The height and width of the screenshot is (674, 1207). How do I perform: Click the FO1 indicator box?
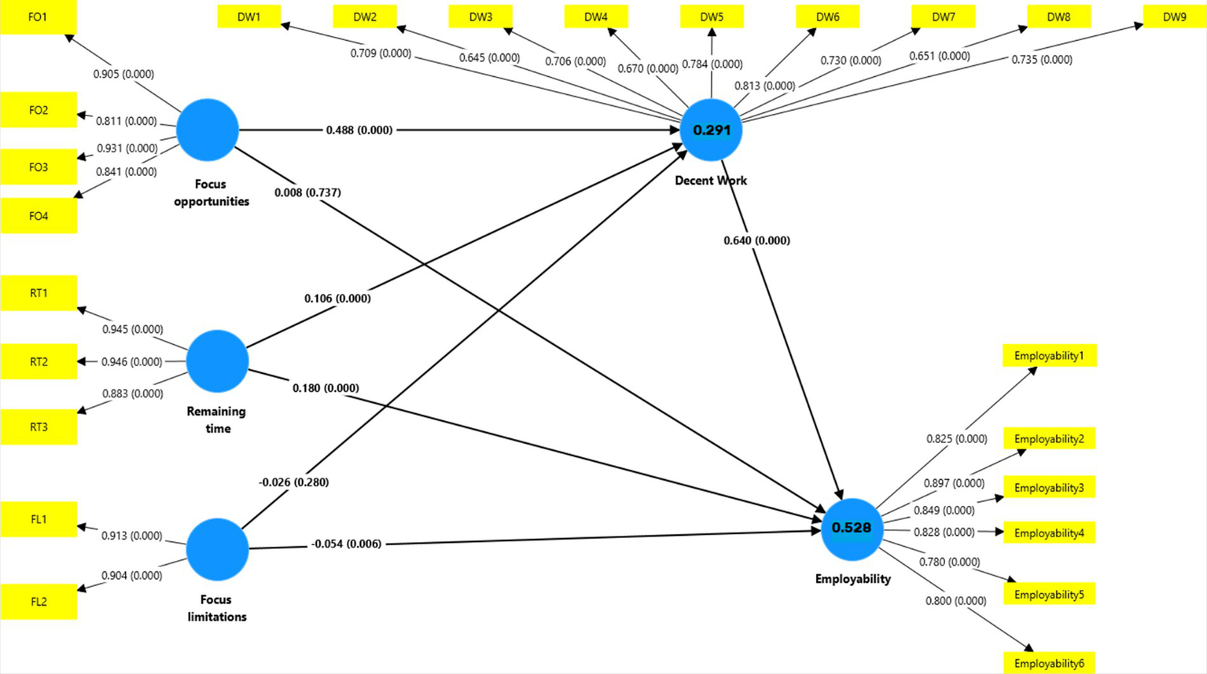[x=38, y=16]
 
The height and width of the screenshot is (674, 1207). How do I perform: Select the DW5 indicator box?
[x=712, y=16]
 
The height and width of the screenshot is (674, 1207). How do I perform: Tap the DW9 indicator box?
[x=1174, y=16]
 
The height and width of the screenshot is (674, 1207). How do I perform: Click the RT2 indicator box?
[x=39, y=361]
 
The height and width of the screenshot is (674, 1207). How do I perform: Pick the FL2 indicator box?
[x=39, y=602]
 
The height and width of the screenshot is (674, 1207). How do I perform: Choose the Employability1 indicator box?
[x=1049, y=356]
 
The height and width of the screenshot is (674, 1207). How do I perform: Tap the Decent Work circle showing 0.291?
[x=711, y=130]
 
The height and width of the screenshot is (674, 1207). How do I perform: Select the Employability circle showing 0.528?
[x=852, y=529]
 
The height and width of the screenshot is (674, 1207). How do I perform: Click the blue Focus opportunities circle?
[x=208, y=130]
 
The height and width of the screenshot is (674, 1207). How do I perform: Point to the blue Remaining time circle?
[x=218, y=361]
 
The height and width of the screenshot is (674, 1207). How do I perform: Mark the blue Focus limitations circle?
[x=218, y=549]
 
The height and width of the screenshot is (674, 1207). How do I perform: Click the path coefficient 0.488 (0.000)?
[x=359, y=130]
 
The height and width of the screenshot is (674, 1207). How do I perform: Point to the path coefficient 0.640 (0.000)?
[x=756, y=240]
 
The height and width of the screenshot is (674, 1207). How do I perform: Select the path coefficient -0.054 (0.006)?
[x=346, y=544]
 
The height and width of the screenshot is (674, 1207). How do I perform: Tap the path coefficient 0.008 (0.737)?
[x=307, y=192]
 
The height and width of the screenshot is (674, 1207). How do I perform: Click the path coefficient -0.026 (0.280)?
[x=293, y=482]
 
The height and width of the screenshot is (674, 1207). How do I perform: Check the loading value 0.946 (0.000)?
[x=131, y=362]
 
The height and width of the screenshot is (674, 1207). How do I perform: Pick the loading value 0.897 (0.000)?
[x=954, y=484]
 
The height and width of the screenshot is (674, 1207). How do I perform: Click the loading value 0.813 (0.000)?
[x=764, y=86]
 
